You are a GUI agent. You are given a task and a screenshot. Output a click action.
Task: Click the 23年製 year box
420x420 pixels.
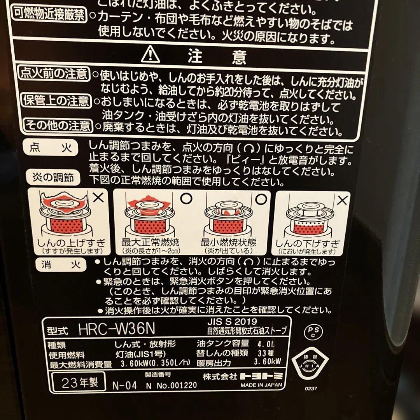coord(80,381)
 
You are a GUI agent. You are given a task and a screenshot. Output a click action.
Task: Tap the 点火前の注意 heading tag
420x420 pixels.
coord(54,73)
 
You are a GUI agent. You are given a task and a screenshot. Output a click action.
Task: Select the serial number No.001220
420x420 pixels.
coord(176,385)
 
